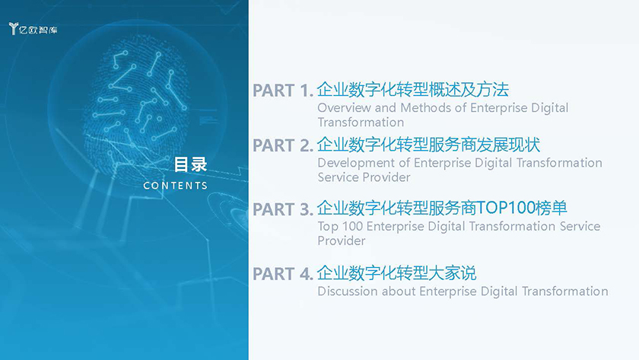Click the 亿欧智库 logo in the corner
click(33, 28)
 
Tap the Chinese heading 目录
click(190, 164)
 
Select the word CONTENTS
click(175, 186)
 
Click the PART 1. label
click(283, 91)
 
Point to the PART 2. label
click(283, 145)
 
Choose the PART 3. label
click(283, 209)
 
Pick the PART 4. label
click(283, 274)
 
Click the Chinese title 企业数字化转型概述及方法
click(413, 90)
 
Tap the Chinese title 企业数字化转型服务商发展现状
click(429, 145)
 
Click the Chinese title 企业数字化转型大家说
click(396, 273)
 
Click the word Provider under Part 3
click(341, 241)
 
